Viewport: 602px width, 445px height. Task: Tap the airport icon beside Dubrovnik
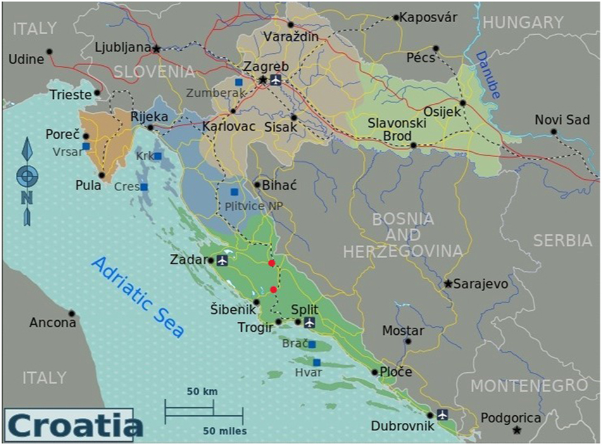coord(442,414)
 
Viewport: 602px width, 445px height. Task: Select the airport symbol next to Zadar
coord(222,260)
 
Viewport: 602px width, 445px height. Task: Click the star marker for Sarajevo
coord(448,284)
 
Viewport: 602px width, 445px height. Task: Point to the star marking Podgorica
coord(517,430)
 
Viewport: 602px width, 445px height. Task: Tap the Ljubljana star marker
coord(156,47)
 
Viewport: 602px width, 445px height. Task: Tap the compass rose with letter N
coord(27,176)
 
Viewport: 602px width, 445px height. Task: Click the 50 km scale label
coord(202,391)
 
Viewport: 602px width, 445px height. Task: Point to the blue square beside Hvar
coord(317,362)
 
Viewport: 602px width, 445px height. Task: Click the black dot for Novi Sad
coord(553,132)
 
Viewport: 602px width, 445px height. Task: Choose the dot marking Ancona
coord(72,313)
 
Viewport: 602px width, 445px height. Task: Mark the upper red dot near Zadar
coord(272,263)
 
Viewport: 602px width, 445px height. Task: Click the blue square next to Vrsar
coord(86,146)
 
